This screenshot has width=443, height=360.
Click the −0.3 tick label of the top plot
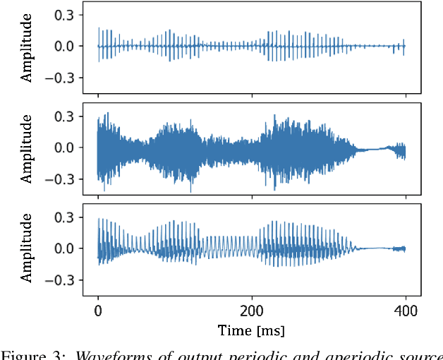pos(63,78)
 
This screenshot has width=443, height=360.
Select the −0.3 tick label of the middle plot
pos(63,179)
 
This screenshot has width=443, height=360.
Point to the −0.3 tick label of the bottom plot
pos(63,280)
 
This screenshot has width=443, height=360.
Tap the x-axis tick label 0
pos(98,311)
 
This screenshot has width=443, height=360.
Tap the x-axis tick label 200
pos(251,311)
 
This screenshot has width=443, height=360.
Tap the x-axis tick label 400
pos(404,311)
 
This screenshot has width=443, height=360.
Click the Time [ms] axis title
pos(251,330)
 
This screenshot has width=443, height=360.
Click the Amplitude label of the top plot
pos(27,47)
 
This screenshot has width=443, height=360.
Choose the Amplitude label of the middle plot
pos(27,148)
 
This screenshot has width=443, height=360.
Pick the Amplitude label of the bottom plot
pos(27,248)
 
